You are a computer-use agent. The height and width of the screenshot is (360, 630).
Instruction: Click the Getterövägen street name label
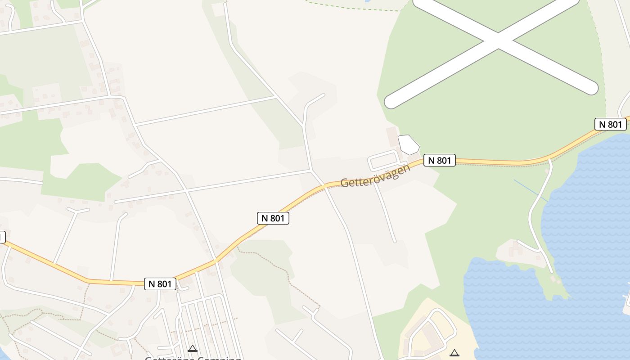pos(375,176)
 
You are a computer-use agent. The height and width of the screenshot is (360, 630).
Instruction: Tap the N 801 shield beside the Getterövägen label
pos(440,160)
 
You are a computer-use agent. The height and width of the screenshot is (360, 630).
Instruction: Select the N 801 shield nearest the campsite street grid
pos(160,284)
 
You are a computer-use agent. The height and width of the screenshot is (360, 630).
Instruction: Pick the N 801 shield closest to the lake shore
pos(610,124)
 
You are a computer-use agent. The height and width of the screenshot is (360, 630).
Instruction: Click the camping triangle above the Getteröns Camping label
pos(193,348)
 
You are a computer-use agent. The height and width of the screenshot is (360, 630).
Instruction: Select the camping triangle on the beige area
pos(454,353)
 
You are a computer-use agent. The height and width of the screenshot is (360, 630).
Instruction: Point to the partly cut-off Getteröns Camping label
pos(193,358)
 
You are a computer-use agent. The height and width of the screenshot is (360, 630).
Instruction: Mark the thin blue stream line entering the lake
pos(531,190)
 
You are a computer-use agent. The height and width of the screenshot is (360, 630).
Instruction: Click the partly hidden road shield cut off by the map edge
pos(2,237)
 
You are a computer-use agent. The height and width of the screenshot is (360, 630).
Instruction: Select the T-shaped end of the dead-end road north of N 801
pos(77,210)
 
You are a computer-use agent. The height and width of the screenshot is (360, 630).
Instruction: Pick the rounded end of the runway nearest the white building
pos(391,102)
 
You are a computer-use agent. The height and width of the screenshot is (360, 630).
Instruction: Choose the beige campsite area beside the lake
pos(432,333)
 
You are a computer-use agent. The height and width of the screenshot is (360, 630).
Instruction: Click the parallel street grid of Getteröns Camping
pos(207,319)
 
